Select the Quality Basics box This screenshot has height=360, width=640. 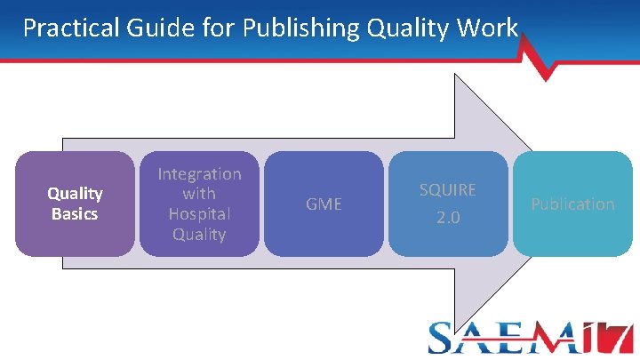(75, 204)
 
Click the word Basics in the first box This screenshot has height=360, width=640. (75, 214)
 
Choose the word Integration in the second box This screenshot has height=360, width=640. (199, 174)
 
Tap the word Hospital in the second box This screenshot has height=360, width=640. (199, 214)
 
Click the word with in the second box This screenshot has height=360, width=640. (199, 194)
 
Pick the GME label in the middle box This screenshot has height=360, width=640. (324, 204)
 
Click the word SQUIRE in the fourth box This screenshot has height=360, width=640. (448, 190)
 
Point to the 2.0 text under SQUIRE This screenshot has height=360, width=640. (448, 218)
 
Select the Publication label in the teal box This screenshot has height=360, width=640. (572, 204)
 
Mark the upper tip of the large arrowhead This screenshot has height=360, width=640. (456, 76)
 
